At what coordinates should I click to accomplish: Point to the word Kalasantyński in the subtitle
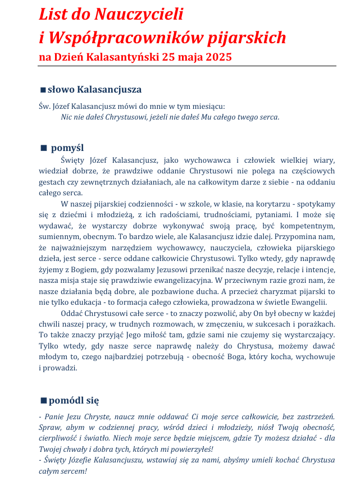pos(122,57)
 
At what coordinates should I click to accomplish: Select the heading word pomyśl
pos(67,148)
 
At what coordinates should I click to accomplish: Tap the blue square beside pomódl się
pos(43,401)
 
